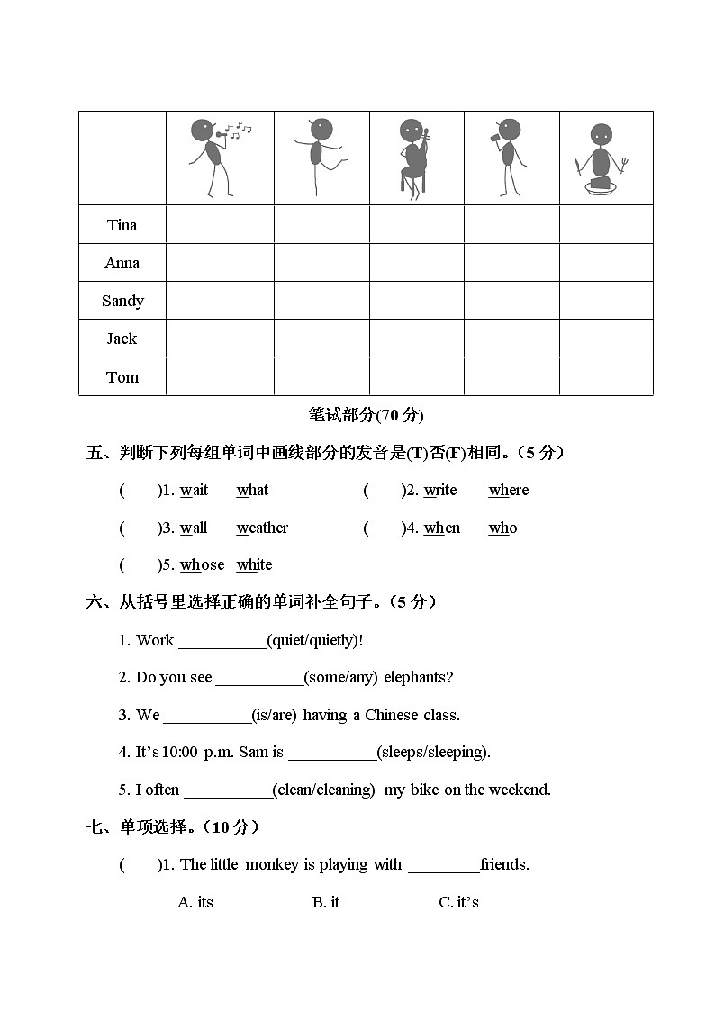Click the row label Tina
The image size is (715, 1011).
[x=122, y=225]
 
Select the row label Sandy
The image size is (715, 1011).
[x=122, y=301]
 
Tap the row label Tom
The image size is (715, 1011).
[x=122, y=377]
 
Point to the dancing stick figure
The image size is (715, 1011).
[x=320, y=155]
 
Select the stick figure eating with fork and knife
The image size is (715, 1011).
[x=600, y=158]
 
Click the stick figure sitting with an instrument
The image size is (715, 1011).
[x=413, y=157]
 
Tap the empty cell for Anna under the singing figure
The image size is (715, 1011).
[x=220, y=263]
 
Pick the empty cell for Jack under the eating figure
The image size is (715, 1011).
[x=606, y=339]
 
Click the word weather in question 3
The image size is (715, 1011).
[x=262, y=528]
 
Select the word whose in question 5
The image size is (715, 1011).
[x=202, y=565]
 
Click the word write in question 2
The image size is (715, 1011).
[x=440, y=491]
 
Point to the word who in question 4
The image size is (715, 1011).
[x=502, y=528]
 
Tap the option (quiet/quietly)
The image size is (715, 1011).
[x=315, y=640]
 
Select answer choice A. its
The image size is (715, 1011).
[x=195, y=902]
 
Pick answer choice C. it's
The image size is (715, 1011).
[x=458, y=902]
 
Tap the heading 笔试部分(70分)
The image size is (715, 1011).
[x=366, y=415]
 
